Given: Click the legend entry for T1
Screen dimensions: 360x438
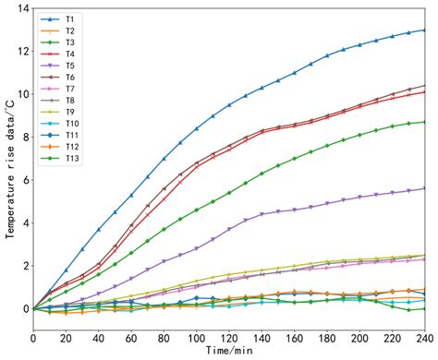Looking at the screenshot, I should (x=60, y=18).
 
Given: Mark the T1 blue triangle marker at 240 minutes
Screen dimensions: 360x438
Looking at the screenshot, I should (x=424, y=30).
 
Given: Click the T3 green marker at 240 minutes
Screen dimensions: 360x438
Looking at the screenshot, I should (x=424, y=122).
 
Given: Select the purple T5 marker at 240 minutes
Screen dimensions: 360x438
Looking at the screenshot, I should (x=424, y=188).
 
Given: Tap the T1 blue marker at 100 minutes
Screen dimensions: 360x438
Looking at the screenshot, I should (x=197, y=128).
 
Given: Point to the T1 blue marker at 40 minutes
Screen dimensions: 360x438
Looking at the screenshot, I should (x=99, y=230).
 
